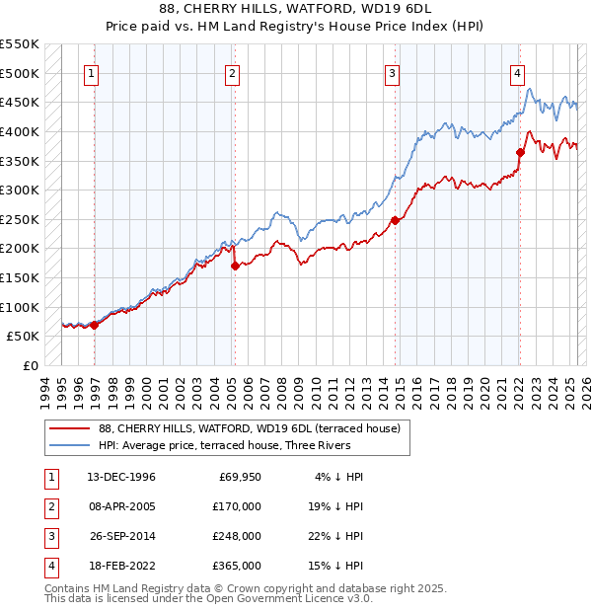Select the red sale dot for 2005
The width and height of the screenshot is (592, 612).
pos(235,266)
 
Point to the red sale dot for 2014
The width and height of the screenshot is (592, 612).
pos(396,220)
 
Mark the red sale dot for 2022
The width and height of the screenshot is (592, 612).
pos(520,152)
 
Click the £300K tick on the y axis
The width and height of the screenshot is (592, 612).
pos(21,190)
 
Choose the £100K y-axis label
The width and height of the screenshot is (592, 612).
pos(21,307)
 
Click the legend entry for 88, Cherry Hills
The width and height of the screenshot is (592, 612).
pos(249,428)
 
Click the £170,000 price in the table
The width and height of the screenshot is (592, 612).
pos(238,506)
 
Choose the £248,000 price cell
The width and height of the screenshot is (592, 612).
pos(238,536)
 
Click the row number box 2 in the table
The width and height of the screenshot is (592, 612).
pos(50,506)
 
